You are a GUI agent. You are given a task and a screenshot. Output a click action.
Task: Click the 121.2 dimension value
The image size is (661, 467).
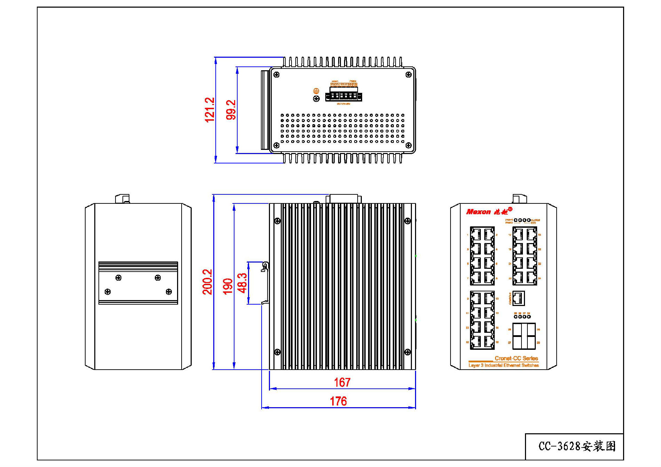[x=209, y=110]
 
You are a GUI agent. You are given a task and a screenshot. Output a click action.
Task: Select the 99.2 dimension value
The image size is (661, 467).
[x=231, y=110]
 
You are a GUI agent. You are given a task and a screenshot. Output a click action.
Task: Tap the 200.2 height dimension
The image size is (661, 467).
[x=207, y=282]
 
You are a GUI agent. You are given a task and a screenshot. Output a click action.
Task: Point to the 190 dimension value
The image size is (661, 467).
[x=228, y=286]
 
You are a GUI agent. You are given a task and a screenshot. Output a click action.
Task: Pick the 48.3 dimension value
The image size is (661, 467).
[x=242, y=283]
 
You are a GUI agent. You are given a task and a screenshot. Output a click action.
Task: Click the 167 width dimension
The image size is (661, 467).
[x=342, y=383]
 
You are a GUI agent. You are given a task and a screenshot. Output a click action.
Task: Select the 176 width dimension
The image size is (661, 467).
[x=338, y=401]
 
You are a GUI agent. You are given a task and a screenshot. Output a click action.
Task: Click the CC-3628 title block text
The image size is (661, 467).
[x=577, y=446]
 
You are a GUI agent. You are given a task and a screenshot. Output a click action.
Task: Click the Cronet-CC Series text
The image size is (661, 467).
[x=516, y=358]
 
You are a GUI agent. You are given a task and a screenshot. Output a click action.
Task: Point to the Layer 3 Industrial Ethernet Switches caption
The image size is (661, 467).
[x=503, y=365]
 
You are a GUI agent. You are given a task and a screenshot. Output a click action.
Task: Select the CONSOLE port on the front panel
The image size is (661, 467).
[x=518, y=298]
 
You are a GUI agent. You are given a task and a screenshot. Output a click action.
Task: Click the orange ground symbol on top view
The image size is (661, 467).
[x=316, y=91]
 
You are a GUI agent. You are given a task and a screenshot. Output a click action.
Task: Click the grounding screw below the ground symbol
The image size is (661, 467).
[x=316, y=99]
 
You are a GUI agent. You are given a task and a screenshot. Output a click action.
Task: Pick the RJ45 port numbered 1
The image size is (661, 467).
[x=476, y=234]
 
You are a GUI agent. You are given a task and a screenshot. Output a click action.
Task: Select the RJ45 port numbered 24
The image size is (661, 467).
[x=532, y=278]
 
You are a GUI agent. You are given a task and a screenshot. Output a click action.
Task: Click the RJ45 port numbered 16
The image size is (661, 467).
[x=489, y=342]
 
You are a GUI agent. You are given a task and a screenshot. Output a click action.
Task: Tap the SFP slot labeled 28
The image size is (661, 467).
[x=531, y=343]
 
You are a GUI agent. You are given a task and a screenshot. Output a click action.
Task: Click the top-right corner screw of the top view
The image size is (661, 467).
[x=409, y=75]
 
